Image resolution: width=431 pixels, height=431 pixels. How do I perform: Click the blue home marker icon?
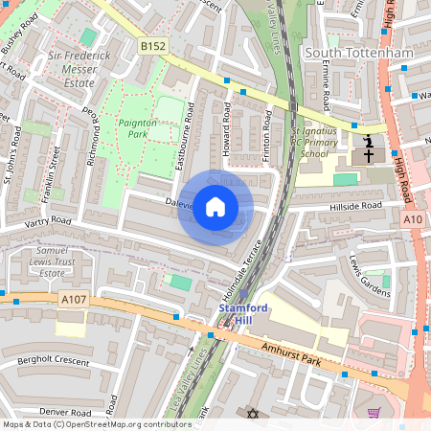point(215,207)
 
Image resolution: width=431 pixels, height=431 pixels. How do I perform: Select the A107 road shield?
point(73,299)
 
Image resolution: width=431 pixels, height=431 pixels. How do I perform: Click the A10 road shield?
point(413,219)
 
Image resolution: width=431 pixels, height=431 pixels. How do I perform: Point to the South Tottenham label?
point(358,53)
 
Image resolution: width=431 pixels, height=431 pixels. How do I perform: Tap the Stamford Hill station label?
point(241,315)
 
